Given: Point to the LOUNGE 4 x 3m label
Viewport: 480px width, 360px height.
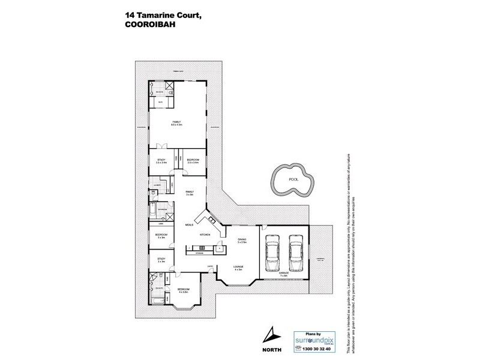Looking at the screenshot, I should tap(238, 268).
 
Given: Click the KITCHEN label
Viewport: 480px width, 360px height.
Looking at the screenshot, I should tap(203, 235).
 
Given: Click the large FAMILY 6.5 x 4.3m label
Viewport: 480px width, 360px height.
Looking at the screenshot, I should tap(176, 124).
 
